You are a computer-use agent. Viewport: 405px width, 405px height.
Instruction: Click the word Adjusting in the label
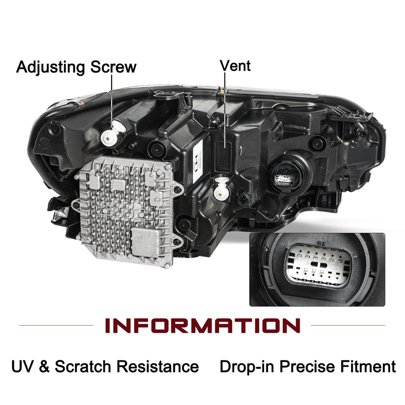[50, 67]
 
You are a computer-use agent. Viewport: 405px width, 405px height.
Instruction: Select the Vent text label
[235, 66]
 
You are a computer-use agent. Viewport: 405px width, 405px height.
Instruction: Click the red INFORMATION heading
[202, 325]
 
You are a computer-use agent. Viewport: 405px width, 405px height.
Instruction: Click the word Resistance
[157, 366]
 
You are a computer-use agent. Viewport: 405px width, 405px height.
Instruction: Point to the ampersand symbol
[44, 366]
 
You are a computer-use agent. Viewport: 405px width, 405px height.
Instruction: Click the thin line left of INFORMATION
[56, 325]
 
